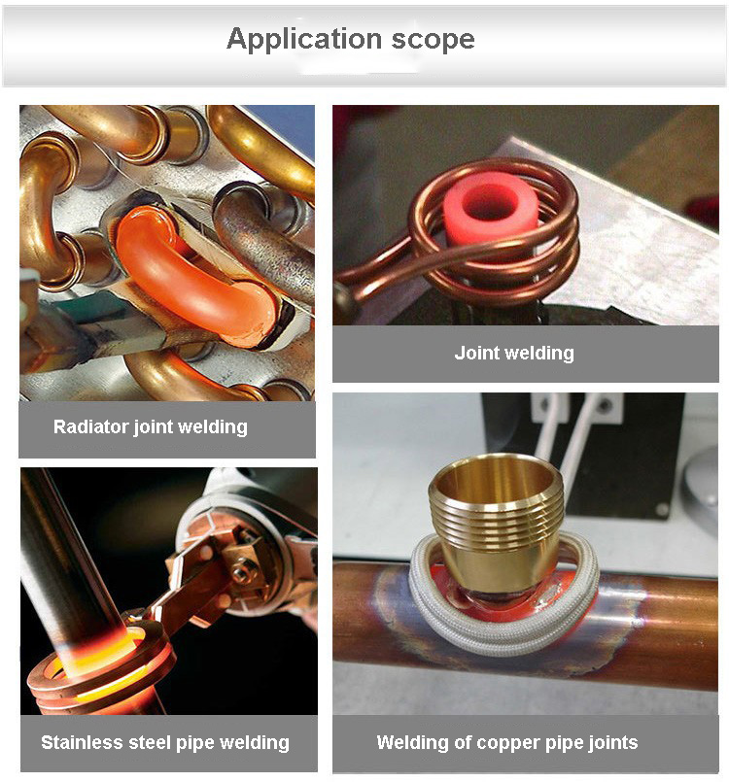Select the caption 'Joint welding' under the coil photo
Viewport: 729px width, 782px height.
(x=514, y=353)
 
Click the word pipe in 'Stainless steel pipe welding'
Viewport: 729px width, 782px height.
(x=200, y=743)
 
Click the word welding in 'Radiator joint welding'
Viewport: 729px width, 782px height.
(x=212, y=426)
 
